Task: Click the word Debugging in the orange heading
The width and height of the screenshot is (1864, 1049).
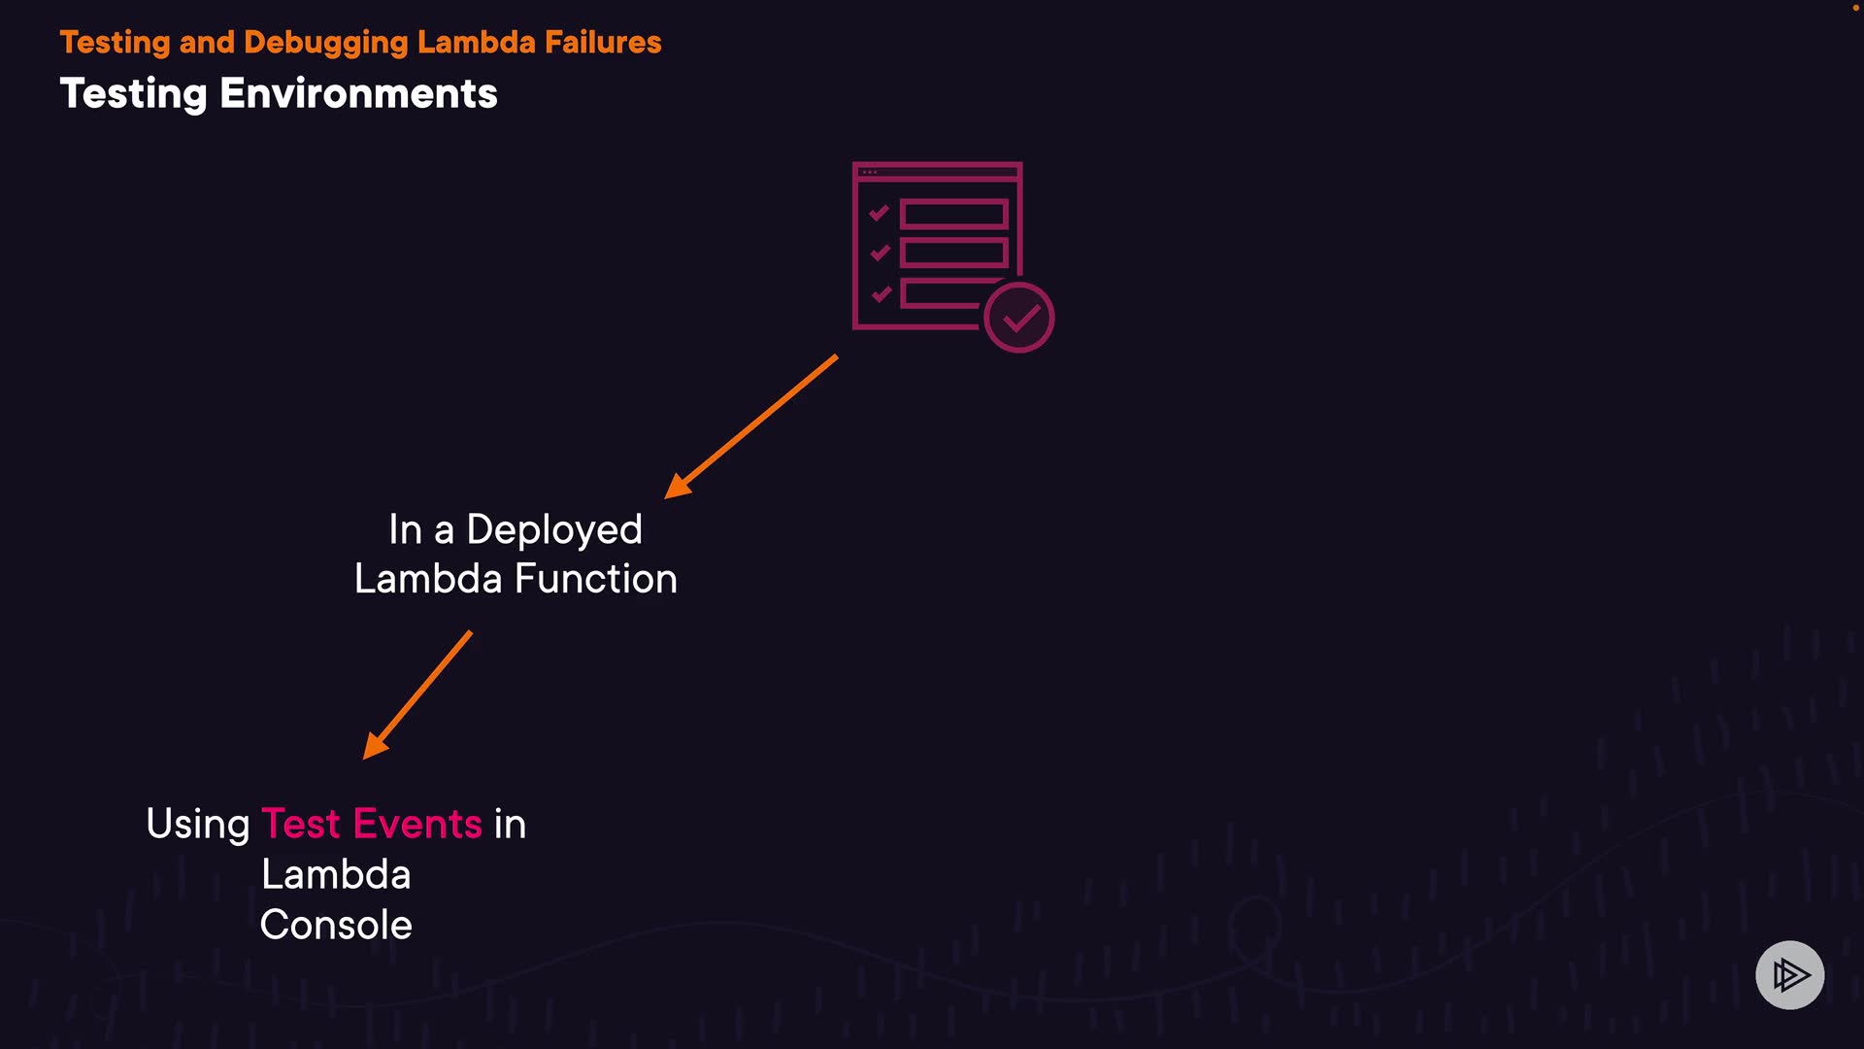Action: coord(326,43)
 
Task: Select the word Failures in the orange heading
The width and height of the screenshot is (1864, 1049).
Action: coord(603,43)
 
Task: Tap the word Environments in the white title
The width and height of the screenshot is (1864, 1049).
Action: coord(358,94)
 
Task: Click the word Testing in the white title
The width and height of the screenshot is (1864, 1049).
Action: coord(134,94)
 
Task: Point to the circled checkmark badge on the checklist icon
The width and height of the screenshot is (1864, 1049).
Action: coord(1018,318)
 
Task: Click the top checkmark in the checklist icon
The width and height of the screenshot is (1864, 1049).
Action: coord(880,213)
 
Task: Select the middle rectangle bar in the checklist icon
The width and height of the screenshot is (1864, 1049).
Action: coord(953,254)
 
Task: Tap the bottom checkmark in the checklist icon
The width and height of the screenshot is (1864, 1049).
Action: coord(881,293)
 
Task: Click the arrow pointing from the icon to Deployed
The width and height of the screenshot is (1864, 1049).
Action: coord(750,427)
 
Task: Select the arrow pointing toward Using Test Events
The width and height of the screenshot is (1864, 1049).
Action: coord(417,695)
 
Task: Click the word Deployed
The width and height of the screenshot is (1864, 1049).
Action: coord(554,530)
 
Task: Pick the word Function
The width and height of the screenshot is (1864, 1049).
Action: coord(596,579)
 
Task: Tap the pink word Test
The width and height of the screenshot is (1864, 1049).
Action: coord(301,824)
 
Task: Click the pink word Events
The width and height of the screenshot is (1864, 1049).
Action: coord(417,824)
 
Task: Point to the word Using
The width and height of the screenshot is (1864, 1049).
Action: coord(198,825)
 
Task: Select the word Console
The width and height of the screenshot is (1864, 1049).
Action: coord(336,925)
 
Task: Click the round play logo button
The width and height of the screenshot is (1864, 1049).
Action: coord(1789,974)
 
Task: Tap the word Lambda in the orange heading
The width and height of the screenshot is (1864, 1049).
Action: coord(476,43)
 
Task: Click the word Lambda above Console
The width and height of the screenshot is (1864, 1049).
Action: coord(336,874)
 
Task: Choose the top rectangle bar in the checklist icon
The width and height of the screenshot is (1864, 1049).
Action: coord(953,214)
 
